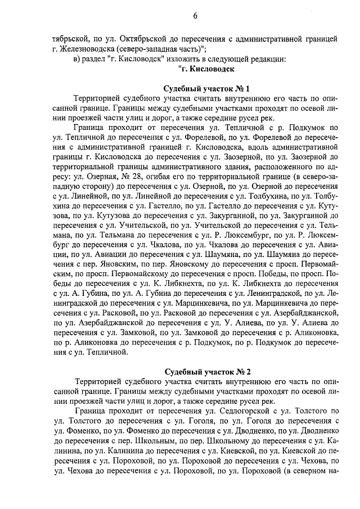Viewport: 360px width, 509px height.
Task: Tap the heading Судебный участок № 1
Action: click(206, 89)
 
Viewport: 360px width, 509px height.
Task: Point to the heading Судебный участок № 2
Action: click(206, 372)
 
